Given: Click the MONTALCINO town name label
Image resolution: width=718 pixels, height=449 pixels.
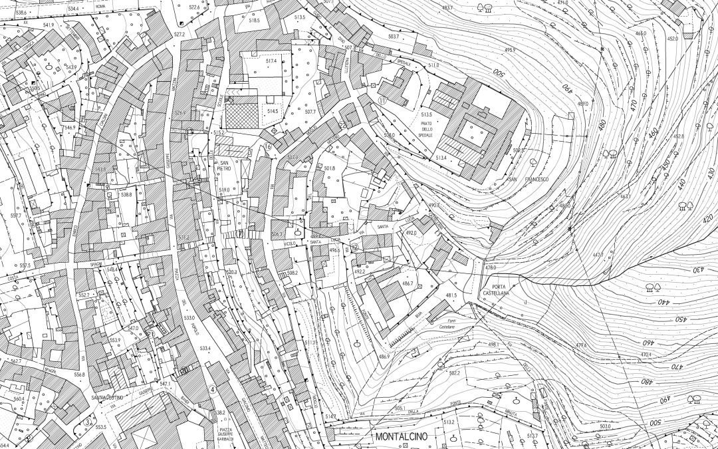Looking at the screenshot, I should click(x=406, y=437).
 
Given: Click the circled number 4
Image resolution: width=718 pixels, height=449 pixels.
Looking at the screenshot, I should click(x=212, y=390).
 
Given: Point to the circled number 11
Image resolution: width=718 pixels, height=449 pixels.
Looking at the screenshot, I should click(x=382, y=100).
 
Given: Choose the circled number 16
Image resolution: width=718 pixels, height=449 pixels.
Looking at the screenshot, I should click(x=269, y=147).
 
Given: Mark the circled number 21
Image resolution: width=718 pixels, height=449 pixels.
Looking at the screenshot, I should click(x=152, y=334).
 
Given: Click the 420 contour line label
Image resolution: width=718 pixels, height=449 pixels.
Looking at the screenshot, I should click(x=707, y=218).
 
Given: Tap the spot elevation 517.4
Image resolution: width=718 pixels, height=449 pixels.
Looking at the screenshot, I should click(x=271, y=61).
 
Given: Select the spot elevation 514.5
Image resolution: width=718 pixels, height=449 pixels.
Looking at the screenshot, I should click(x=272, y=111).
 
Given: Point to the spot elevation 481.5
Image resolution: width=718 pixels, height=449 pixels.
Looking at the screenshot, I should click(x=451, y=295).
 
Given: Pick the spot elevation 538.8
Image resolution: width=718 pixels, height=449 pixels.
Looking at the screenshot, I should click(x=126, y=194).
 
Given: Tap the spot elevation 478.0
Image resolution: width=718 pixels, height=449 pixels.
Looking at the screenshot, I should click(x=491, y=267).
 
